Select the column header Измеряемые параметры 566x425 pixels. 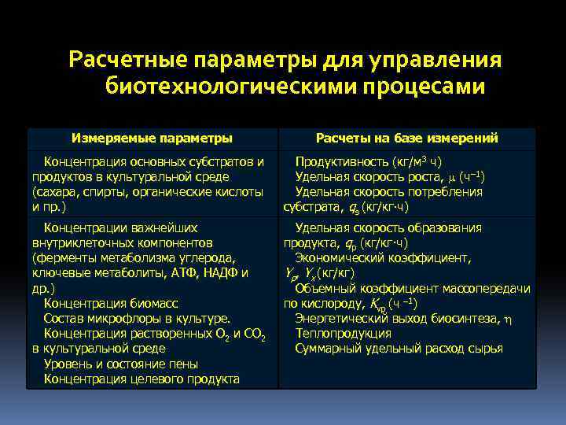click(152, 138)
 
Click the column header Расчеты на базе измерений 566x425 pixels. click(406, 138)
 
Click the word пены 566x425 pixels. click(182, 364)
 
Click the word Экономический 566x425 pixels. click(340, 257)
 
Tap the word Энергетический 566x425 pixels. click(344, 318)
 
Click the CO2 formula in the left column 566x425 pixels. click(251, 334)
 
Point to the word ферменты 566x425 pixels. click(61, 257)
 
